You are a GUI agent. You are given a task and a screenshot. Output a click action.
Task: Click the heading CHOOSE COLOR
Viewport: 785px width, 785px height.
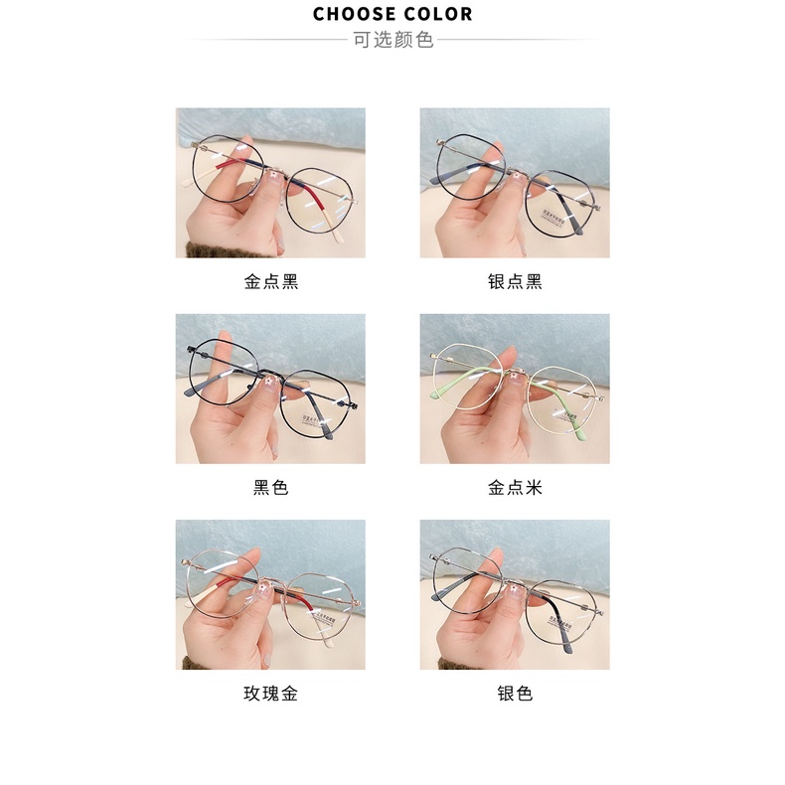(392, 14)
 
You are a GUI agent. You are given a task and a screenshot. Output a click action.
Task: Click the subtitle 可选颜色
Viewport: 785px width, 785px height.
(392, 41)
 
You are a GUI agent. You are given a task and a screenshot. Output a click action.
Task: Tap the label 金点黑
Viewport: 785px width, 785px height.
(270, 281)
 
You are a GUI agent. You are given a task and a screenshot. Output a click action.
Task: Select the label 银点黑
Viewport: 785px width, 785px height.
(514, 281)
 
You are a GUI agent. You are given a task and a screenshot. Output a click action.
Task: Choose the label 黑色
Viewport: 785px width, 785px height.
(270, 488)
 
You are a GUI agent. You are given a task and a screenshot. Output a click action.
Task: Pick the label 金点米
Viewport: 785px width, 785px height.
(514, 488)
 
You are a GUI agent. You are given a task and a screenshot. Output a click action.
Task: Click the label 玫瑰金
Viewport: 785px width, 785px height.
(270, 694)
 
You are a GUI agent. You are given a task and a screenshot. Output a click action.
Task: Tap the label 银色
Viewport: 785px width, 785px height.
(514, 694)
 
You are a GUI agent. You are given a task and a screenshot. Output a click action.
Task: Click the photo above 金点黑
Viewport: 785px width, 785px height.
(270, 183)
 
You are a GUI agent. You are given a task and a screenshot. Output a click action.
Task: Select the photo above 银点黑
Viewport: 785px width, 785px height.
(514, 183)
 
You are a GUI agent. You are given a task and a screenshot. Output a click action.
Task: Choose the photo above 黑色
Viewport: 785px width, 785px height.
(270, 389)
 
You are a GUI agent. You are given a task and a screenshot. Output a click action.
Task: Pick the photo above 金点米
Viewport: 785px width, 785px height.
(514, 389)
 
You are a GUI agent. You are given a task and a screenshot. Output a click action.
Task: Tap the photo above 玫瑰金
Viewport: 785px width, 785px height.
(270, 594)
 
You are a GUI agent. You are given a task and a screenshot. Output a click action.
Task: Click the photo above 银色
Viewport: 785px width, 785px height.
(514, 594)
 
